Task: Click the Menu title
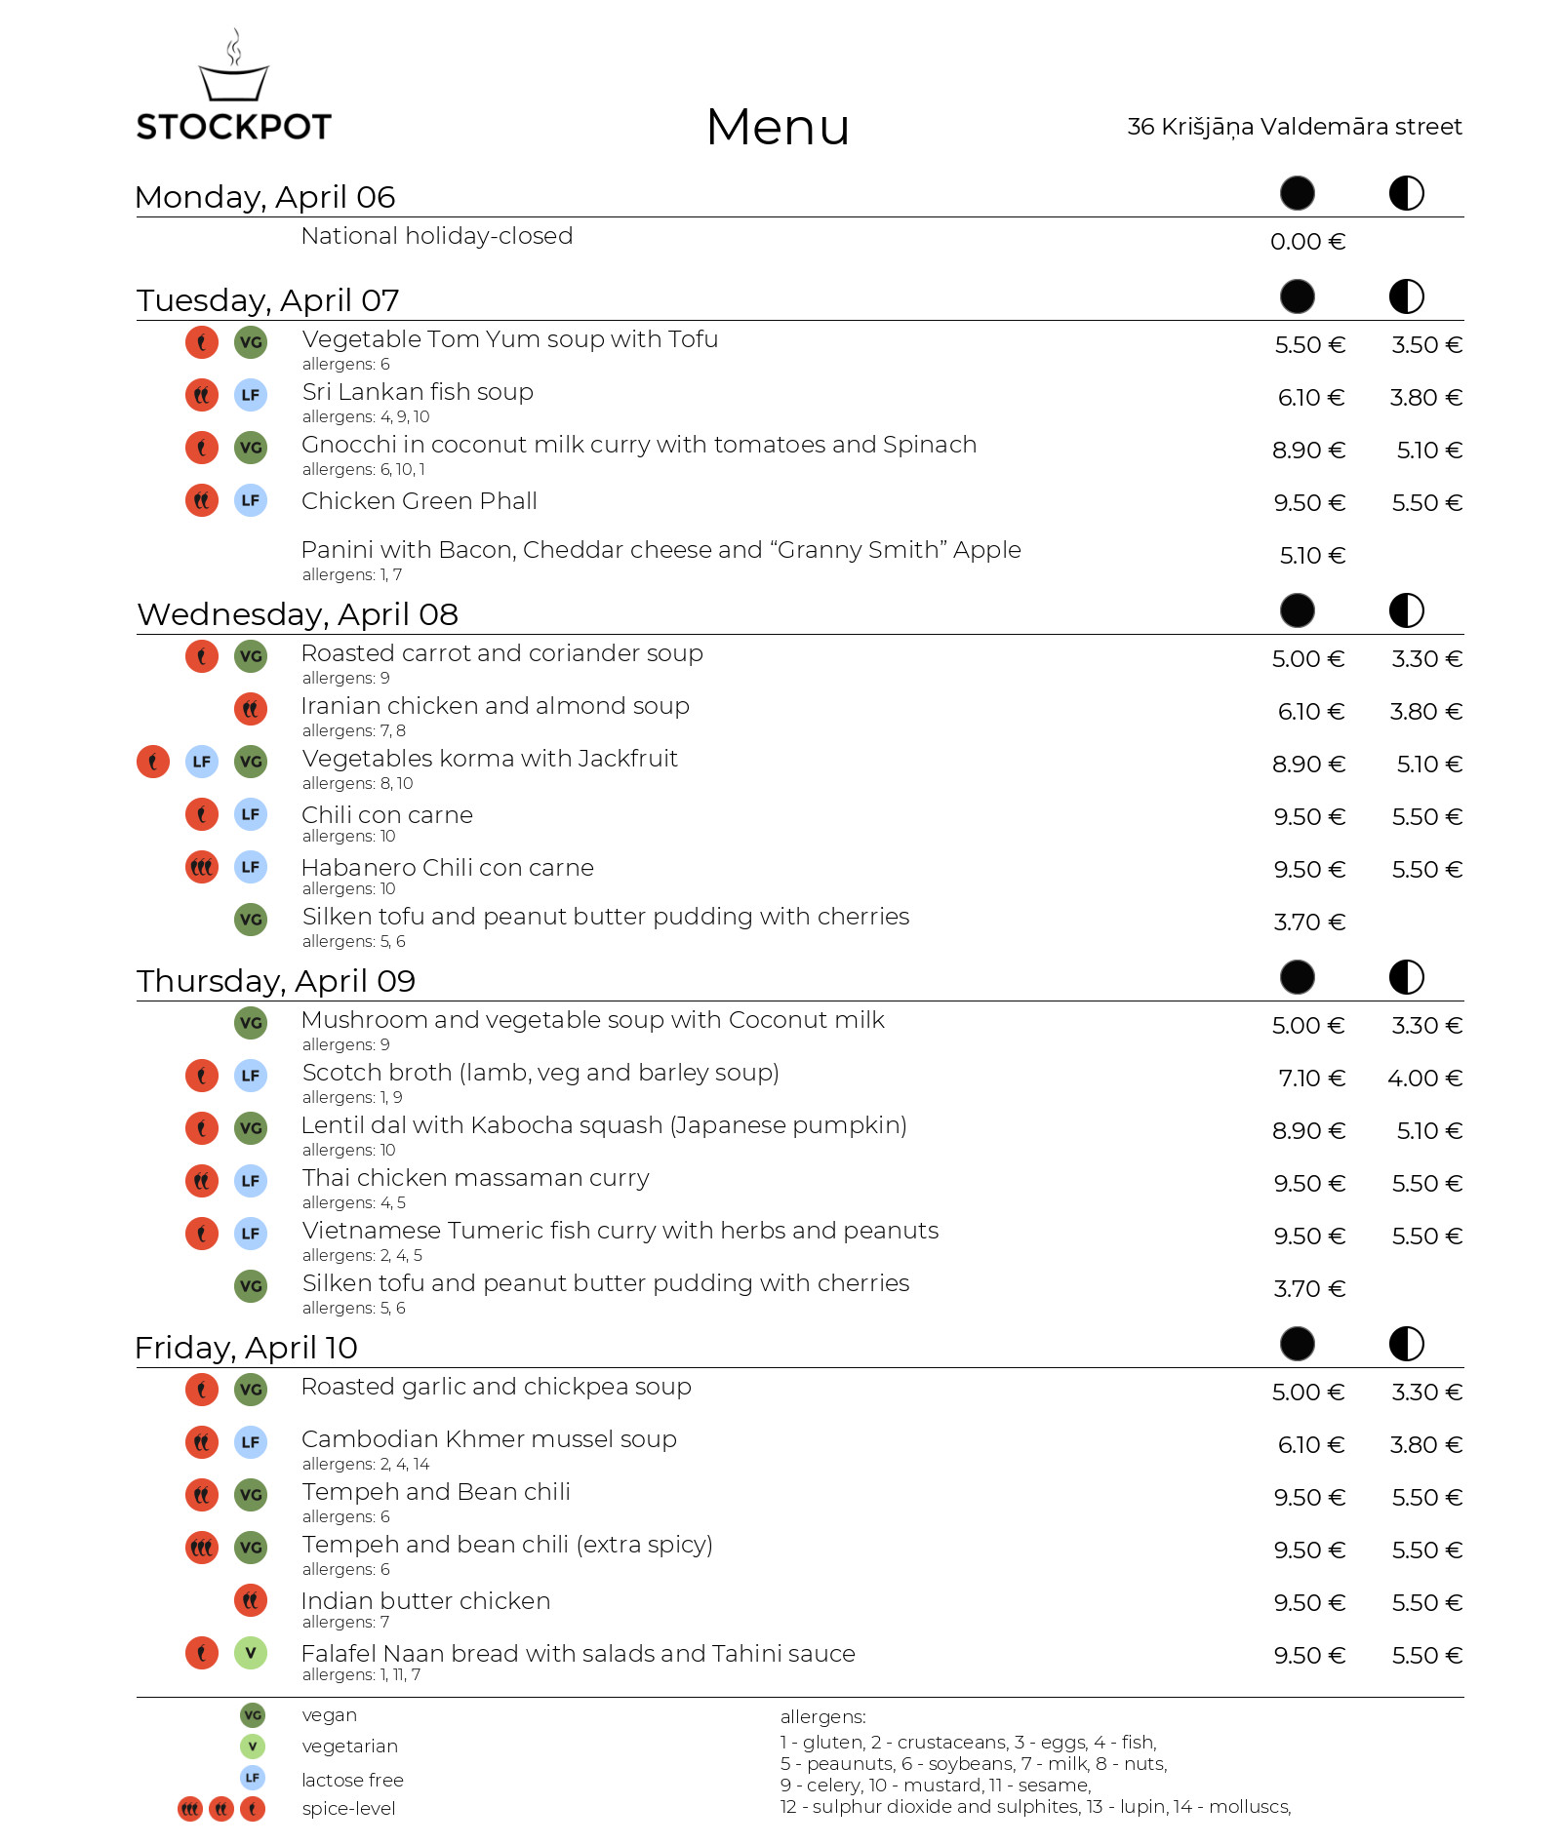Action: click(x=778, y=127)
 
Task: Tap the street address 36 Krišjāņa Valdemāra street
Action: click(x=1294, y=127)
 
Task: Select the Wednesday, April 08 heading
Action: click(x=298, y=614)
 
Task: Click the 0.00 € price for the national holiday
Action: click(x=1307, y=242)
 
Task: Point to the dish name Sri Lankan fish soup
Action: click(x=418, y=392)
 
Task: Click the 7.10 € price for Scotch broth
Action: click(x=1311, y=1079)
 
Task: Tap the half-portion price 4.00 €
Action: click(x=1424, y=1079)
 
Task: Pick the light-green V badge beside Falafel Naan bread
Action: click(x=251, y=1653)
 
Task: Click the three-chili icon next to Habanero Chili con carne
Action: click(x=202, y=866)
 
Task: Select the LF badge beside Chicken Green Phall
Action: click(x=251, y=501)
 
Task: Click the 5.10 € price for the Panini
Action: click(x=1312, y=556)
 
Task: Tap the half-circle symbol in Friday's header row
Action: click(x=1406, y=1344)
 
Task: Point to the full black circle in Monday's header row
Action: click(x=1297, y=193)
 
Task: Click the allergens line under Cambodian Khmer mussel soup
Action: click(x=366, y=1464)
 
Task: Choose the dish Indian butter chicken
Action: click(x=425, y=1601)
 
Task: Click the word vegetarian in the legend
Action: click(x=350, y=1747)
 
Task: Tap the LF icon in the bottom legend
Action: click(x=253, y=1778)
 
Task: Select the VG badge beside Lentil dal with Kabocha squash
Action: click(x=251, y=1128)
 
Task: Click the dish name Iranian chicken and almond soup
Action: click(x=495, y=706)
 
